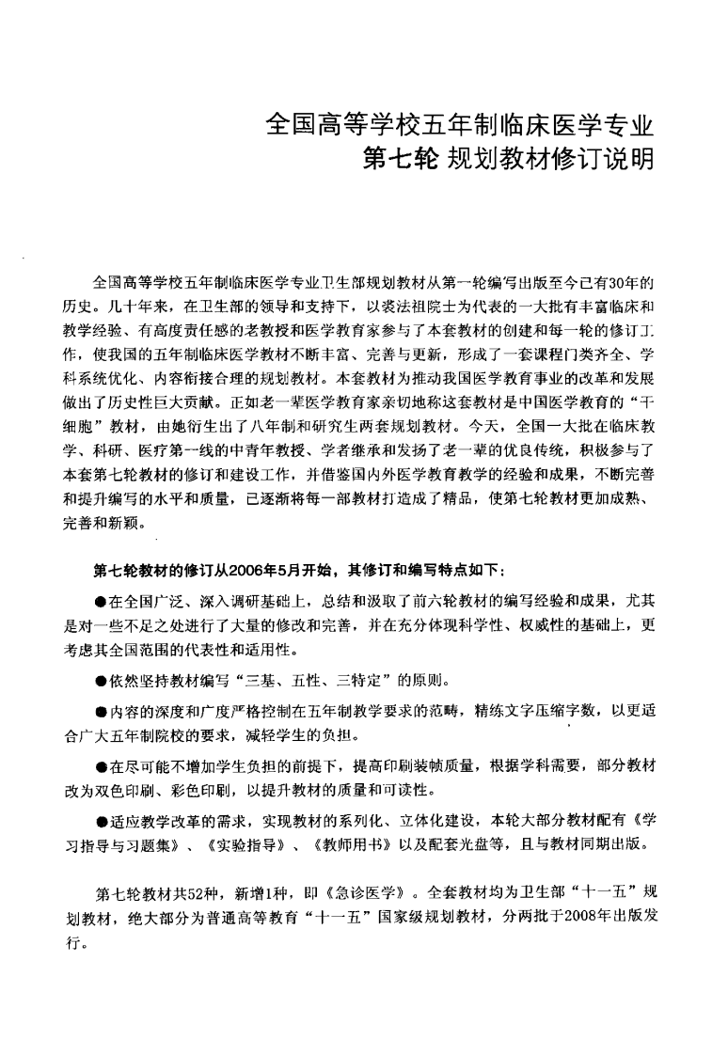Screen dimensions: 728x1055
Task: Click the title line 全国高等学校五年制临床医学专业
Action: (x=460, y=124)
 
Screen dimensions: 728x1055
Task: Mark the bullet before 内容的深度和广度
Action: (x=100, y=712)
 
